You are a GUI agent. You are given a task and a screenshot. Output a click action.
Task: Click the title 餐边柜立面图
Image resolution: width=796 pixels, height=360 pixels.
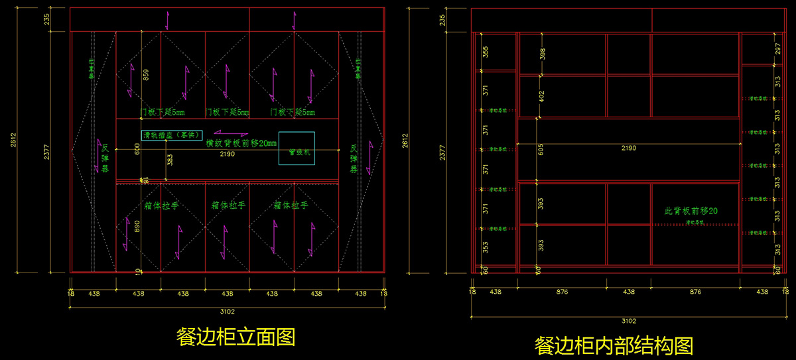(x=235, y=337)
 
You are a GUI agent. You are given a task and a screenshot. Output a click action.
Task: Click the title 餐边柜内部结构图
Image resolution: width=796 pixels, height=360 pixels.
(x=614, y=345)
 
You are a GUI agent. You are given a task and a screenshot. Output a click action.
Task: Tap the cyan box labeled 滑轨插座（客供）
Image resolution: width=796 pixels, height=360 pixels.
(x=172, y=135)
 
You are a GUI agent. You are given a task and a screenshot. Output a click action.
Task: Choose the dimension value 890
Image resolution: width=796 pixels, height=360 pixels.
(x=137, y=226)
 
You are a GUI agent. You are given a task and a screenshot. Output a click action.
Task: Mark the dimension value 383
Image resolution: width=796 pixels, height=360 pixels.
(x=170, y=160)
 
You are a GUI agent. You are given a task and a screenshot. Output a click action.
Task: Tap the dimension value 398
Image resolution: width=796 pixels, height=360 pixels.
(x=543, y=53)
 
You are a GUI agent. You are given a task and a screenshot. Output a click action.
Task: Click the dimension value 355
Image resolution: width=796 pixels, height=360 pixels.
(x=486, y=52)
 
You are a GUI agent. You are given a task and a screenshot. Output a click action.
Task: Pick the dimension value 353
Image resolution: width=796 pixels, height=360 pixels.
(x=486, y=247)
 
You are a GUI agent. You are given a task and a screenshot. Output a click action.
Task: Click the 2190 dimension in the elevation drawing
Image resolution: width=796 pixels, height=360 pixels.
(x=228, y=154)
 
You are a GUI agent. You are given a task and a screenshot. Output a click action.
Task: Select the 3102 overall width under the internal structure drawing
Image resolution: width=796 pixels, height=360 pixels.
(x=628, y=320)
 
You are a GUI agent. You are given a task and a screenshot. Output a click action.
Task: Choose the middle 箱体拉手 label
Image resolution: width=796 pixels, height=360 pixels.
(x=228, y=206)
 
